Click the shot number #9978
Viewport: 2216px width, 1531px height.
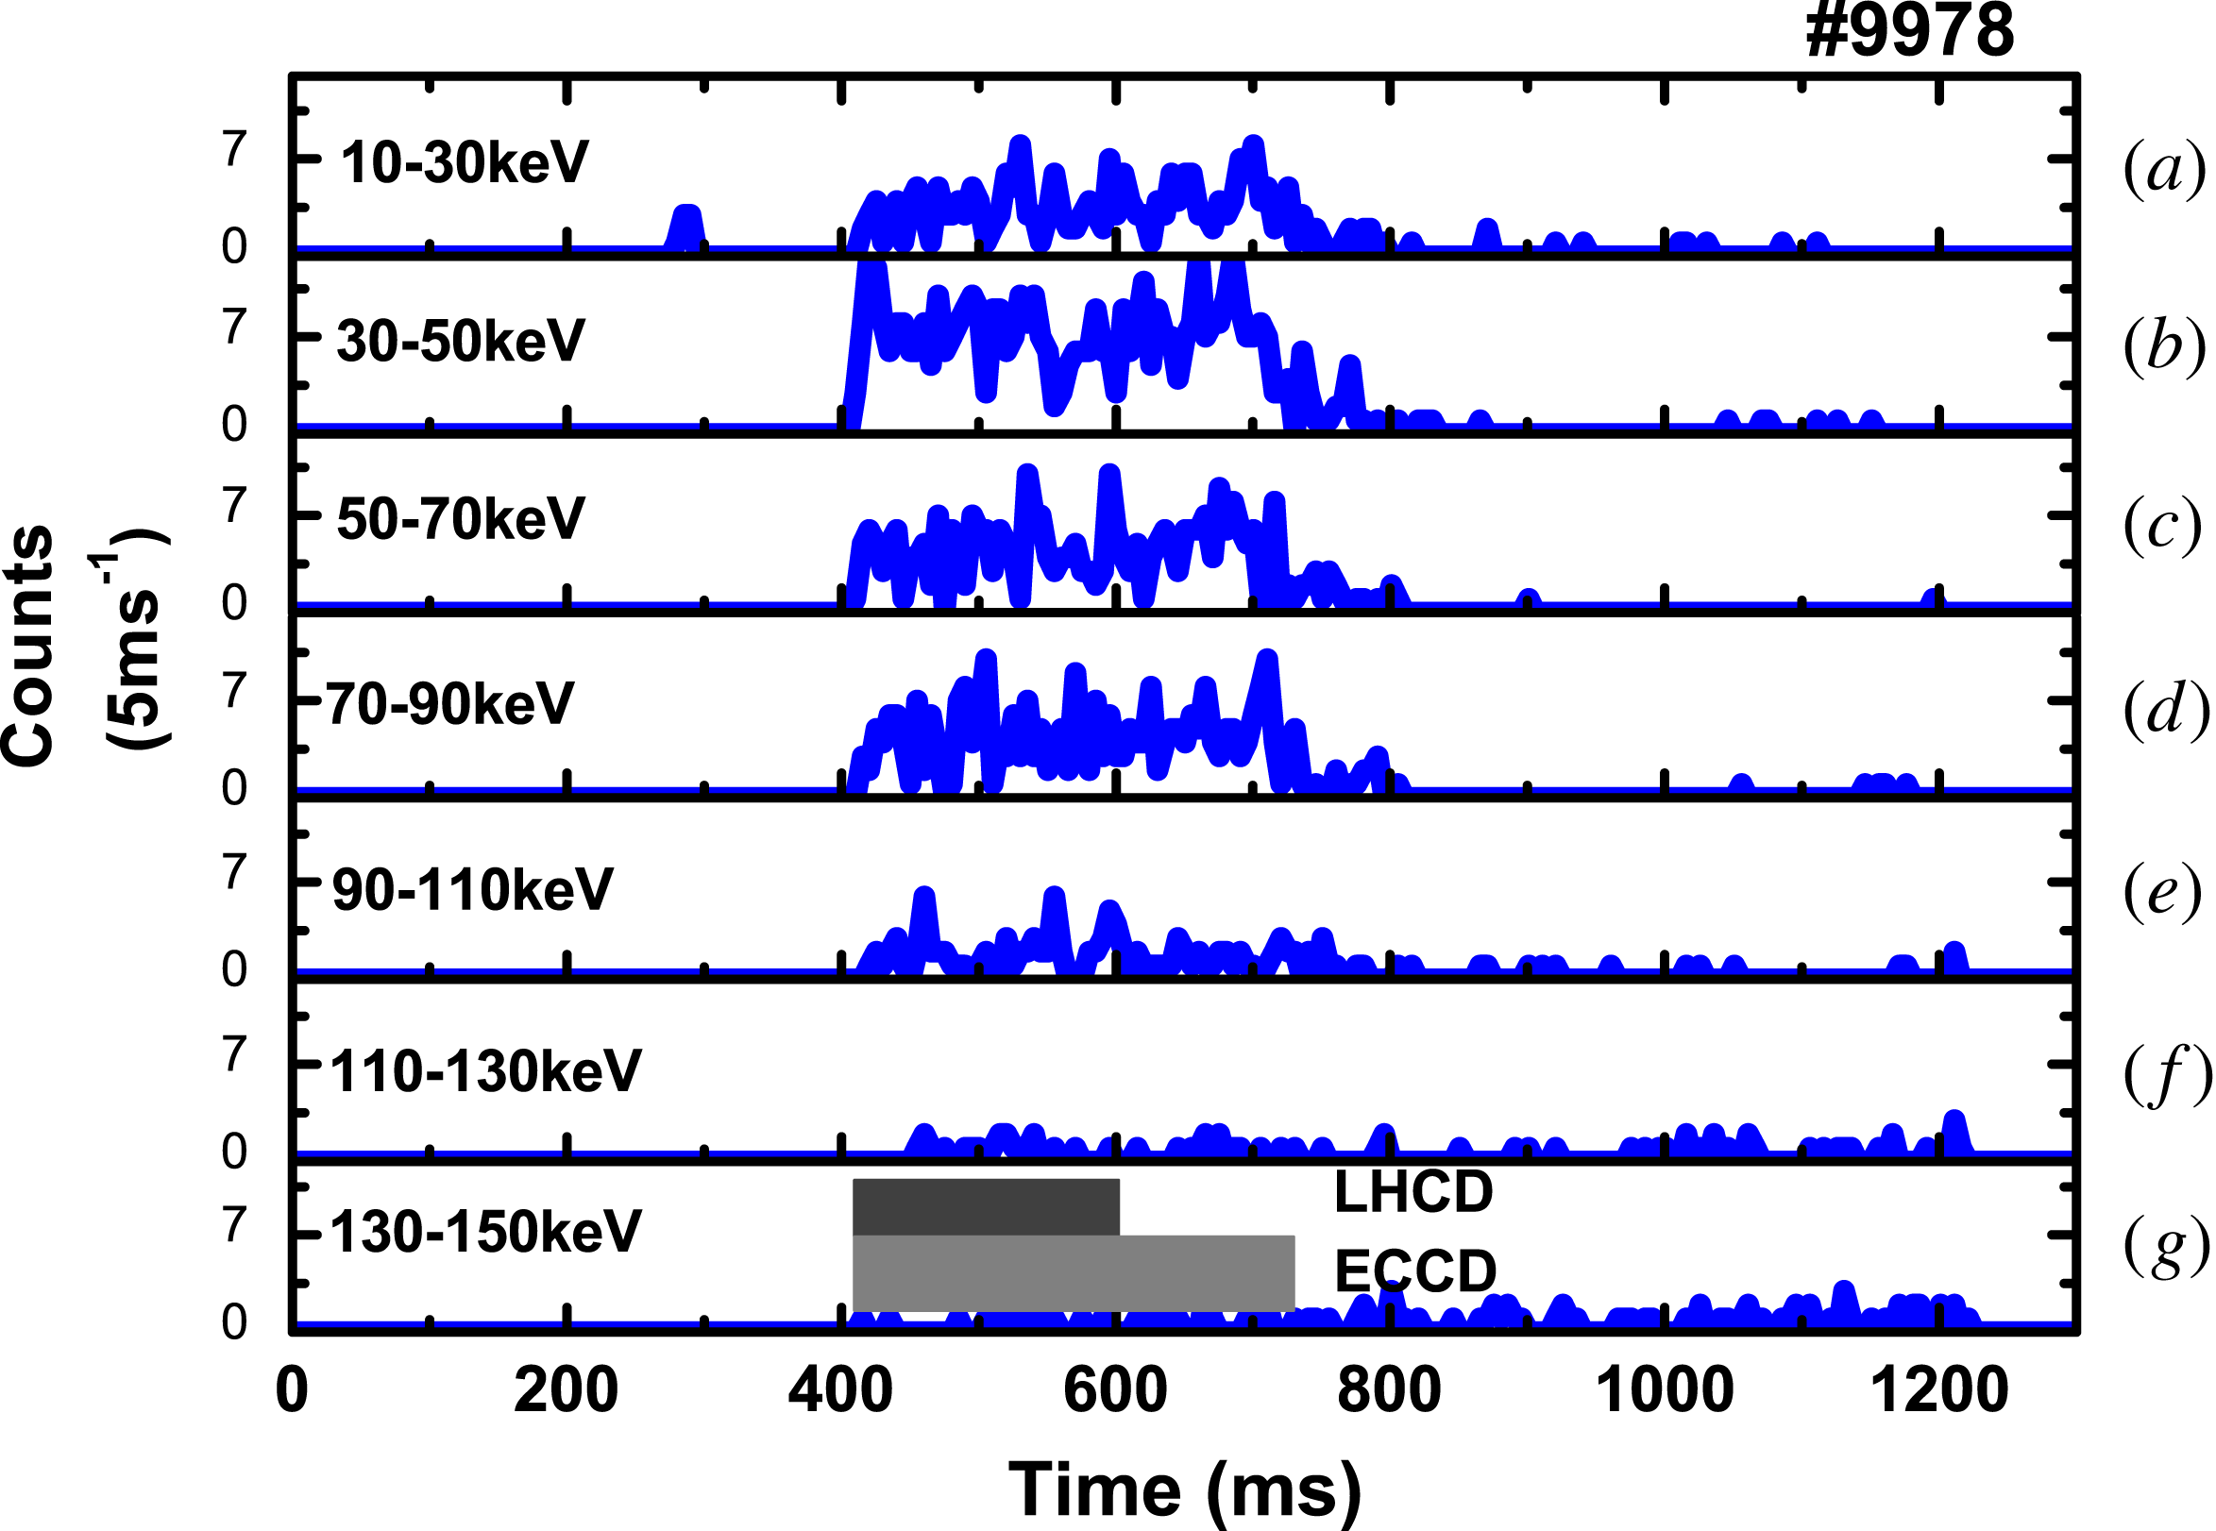click(x=1909, y=31)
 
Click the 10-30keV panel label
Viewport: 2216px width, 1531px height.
click(x=465, y=162)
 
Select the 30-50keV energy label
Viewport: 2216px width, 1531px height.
click(x=461, y=341)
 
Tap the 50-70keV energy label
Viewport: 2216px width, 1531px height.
click(x=461, y=519)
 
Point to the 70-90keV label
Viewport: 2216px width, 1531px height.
click(x=450, y=704)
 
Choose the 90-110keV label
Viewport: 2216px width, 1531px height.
click(x=472, y=889)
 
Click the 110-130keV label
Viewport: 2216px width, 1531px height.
click(x=485, y=1071)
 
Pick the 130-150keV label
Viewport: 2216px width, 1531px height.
click(x=485, y=1232)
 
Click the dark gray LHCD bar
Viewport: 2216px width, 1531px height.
click(x=985, y=1206)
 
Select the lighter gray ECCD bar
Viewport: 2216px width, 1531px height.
click(x=1073, y=1273)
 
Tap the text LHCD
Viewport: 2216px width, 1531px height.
click(x=1413, y=1192)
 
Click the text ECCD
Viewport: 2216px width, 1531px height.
click(x=1415, y=1272)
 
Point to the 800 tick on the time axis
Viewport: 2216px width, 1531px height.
click(x=1389, y=1391)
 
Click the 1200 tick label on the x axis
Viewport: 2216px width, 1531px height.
click(x=1938, y=1391)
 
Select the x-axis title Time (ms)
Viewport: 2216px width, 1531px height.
click(x=1185, y=1489)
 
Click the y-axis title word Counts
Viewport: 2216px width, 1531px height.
click(x=28, y=647)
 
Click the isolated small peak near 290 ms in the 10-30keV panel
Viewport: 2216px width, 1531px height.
click(x=685, y=227)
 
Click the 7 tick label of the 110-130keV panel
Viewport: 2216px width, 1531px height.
click(x=235, y=1054)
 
